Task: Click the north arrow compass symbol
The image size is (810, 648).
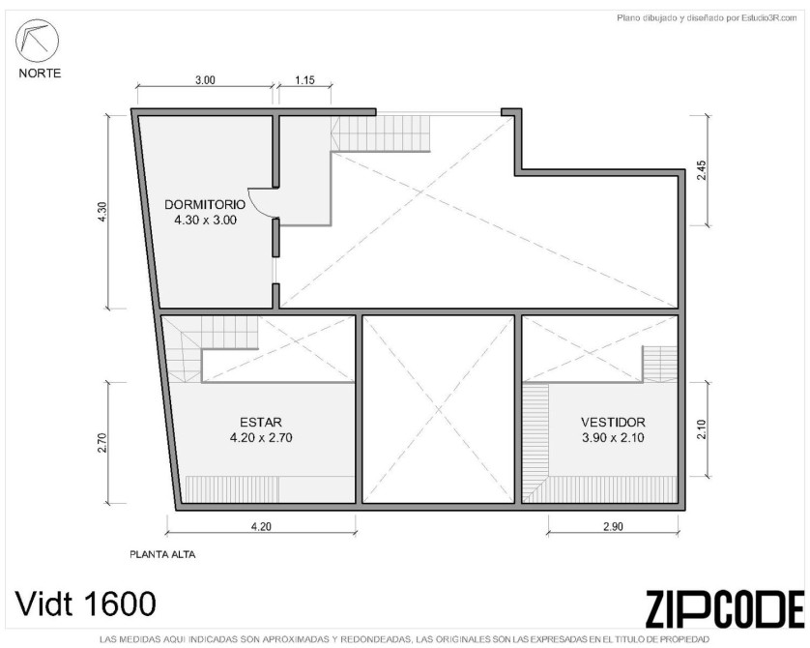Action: [37, 41]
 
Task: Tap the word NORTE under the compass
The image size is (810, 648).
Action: [40, 74]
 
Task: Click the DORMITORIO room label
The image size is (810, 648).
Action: [205, 204]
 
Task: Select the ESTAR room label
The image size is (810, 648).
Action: [261, 422]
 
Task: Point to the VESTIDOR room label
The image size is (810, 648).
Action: [613, 422]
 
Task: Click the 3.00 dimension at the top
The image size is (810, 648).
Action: [205, 80]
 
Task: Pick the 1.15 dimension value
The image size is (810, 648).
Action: [304, 80]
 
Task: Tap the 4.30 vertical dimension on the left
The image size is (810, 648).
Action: [102, 212]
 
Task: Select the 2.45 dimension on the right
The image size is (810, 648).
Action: [701, 170]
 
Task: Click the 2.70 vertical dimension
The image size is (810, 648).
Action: [102, 443]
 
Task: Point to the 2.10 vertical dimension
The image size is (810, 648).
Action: [701, 429]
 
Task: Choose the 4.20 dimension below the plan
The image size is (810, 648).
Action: [261, 526]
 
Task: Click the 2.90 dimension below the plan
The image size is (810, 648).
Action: [613, 526]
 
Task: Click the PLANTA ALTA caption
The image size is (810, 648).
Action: [162, 555]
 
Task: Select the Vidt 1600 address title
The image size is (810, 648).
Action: [86, 604]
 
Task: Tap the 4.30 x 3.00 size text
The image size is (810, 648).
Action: [206, 221]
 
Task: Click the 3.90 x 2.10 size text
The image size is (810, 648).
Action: [613, 438]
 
